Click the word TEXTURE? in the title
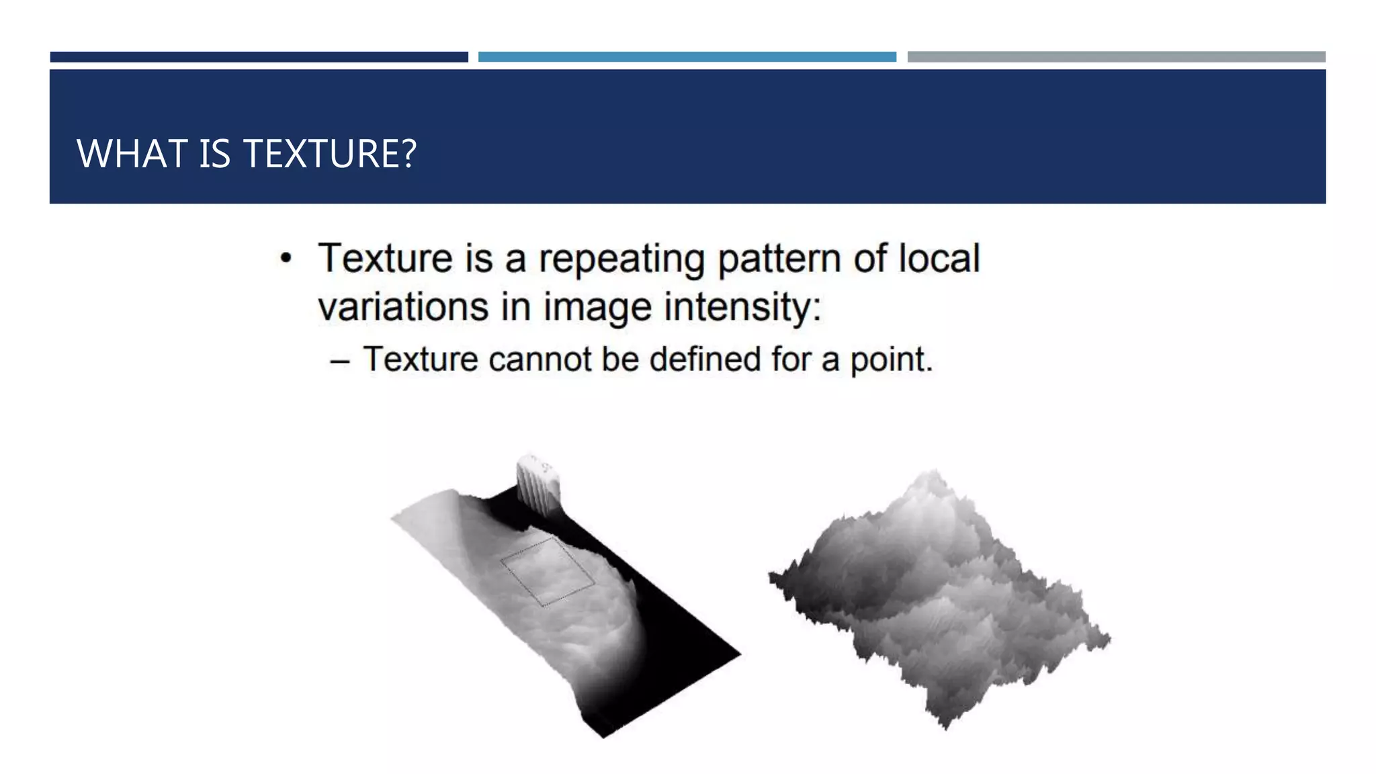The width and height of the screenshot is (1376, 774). [329, 154]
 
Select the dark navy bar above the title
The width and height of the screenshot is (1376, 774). [259, 57]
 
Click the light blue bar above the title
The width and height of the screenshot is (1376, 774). [687, 57]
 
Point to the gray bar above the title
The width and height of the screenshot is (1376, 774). [1116, 57]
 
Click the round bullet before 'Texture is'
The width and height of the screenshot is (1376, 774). [286, 259]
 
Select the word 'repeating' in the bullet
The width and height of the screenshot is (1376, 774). [621, 259]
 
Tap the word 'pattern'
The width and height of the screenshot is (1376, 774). [779, 259]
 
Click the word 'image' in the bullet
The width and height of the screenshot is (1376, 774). [597, 308]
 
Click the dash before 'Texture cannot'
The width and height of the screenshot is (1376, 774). [340, 361]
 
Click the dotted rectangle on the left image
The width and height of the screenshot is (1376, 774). [548, 571]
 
